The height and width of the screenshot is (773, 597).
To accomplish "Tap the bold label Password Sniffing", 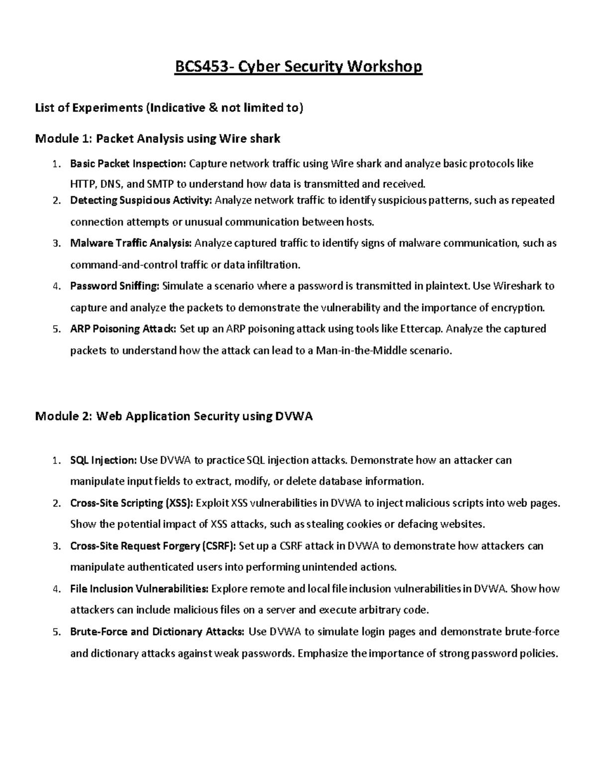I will (x=115, y=286).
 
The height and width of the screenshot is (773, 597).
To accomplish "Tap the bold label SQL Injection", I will (x=103, y=460).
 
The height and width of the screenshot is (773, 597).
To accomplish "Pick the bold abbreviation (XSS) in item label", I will (x=178, y=503).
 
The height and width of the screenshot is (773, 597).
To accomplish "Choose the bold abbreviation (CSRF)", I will (x=219, y=546).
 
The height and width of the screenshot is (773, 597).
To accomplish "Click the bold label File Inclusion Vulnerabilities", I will (x=139, y=589).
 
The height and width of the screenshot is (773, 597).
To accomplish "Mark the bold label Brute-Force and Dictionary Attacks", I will (x=157, y=632).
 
